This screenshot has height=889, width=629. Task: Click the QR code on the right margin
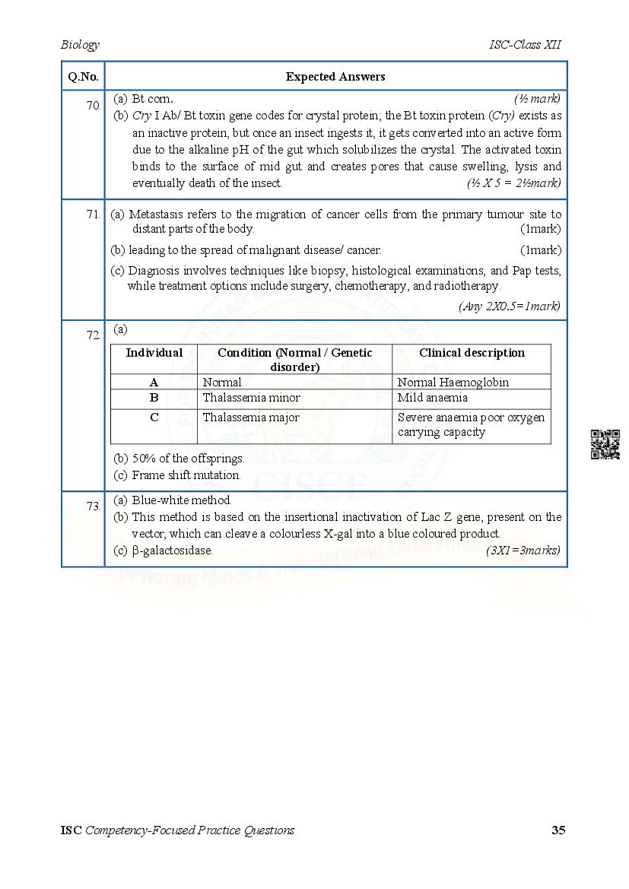tap(605, 444)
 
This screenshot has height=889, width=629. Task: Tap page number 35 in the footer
tap(558, 830)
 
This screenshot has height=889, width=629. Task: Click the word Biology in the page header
tap(80, 45)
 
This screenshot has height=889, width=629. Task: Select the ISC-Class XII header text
tap(525, 45)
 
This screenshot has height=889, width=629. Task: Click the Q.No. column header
tap(83, 77)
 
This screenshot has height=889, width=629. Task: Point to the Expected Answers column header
tap(335, 77)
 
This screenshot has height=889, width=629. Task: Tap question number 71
tap(94, 215)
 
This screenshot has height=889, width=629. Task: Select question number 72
tap(94, 335)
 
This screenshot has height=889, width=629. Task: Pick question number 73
tap(94, 506)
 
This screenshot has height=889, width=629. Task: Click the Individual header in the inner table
tap(154, 353)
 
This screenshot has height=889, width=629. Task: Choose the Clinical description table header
tap(472, 353)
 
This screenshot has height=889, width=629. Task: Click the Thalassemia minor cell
tap(251, 398)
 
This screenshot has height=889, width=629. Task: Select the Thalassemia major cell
tap(251, 418)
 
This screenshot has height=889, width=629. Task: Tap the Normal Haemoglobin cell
tap(453, 383)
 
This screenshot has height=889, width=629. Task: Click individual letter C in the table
tap(154, 418)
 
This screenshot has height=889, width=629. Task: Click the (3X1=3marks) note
tap(523, 551)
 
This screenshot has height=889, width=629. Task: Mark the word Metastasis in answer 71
tap(159, 214)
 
